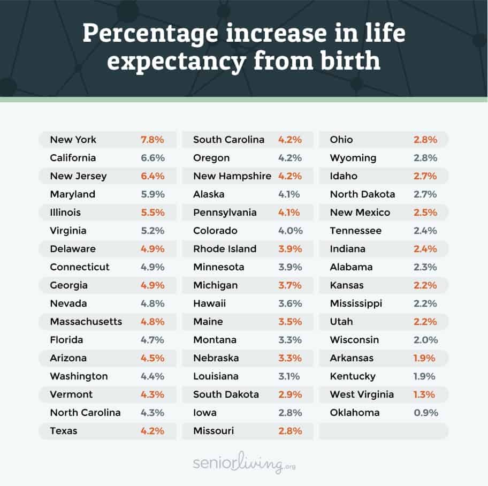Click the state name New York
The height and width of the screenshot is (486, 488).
pos(73,140)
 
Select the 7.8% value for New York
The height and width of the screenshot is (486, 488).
pos(152,140)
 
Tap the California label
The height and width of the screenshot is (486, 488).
pos(73,158)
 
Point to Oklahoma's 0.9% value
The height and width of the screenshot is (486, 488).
pos(426,413)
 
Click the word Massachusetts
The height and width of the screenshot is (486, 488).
pos(86,322)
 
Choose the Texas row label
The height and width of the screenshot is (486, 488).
pos(63,431)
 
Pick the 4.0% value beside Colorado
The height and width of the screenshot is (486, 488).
pos(290,231)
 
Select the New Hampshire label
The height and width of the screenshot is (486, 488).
pos(232,176)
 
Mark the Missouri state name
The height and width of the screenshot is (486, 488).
pos(213,431)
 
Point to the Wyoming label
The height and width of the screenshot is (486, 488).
pos(353,158)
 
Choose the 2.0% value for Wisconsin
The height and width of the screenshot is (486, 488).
pos(425,340)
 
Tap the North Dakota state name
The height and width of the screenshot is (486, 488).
pos(362,194)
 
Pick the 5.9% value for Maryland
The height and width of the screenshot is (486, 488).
pos(152,194)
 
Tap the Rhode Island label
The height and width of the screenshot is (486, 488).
pos(224,249)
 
